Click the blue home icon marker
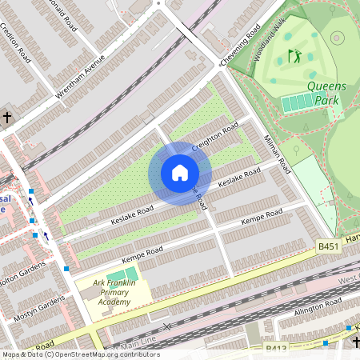[180, 173]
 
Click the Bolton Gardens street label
[28, 281]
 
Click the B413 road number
[277, 349]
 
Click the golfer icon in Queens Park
[294, 56]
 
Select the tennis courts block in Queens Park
[299, 102]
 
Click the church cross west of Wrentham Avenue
[7, 118]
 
